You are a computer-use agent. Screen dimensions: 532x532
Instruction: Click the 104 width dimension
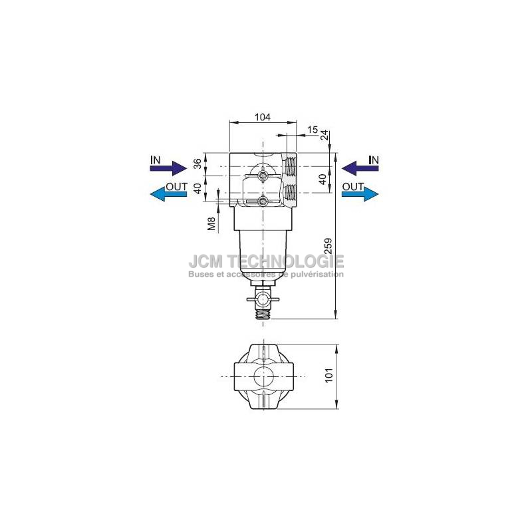coord(263,117)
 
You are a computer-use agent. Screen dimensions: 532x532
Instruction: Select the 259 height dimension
coord(329,246)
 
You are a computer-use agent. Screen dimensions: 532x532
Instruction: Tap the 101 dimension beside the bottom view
coord(329,375)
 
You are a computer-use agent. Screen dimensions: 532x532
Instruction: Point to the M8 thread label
coord(211,224)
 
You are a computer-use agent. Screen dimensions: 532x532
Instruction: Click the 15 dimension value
coord(313,130)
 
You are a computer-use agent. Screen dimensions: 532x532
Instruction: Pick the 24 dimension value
coord(325,135)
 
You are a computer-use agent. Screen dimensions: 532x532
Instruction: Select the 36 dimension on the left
coord(198,164)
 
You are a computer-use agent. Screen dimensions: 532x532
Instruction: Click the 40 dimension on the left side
coord(198,188)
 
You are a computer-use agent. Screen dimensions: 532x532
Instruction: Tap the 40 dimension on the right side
coord(323,179)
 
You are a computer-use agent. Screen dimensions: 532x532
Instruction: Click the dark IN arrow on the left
coord(169,168)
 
